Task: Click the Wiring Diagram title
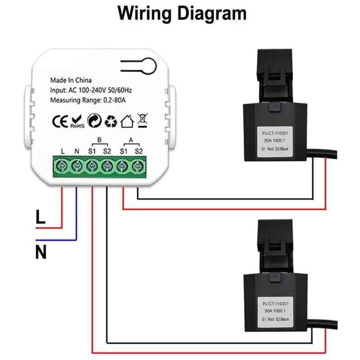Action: click(182, 13)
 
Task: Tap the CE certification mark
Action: click(59, 121)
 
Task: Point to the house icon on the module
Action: click(127, 121)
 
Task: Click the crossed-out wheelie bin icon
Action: click(143, 121)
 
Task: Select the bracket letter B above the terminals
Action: click(99, 139)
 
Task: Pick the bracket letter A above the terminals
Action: click(130, 139)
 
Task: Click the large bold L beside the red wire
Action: click(40, 219)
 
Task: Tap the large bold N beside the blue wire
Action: click(41, 252)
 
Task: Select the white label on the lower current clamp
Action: click(275, 310)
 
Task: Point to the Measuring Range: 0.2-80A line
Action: click(88, 100)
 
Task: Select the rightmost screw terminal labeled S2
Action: click(137, 166)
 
